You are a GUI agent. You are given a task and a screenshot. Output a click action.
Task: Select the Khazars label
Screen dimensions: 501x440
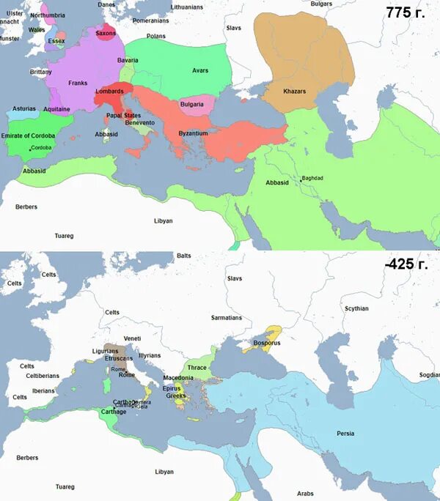(294, 91)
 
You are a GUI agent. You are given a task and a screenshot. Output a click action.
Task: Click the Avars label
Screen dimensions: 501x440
(199, 70)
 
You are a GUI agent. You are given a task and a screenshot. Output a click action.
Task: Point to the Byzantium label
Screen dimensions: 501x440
(193, 134)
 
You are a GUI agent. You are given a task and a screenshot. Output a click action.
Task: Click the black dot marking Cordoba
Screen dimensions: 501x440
(29, 149)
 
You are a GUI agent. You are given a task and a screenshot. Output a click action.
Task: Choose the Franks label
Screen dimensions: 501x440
(78, 83)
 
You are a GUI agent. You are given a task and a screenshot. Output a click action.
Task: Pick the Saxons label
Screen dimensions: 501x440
(106, 33)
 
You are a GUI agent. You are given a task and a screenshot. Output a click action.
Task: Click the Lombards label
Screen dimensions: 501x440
(109, 92)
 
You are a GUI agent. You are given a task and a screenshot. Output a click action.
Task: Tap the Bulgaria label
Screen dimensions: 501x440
(191, 105)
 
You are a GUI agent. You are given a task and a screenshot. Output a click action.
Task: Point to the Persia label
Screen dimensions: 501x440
(345, 434)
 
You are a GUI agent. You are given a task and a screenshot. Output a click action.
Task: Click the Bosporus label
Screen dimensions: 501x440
(262, 342)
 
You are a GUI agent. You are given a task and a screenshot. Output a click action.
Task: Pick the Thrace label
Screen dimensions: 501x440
(197, 368)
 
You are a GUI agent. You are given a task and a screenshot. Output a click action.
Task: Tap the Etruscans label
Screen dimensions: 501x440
(118, 358)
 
